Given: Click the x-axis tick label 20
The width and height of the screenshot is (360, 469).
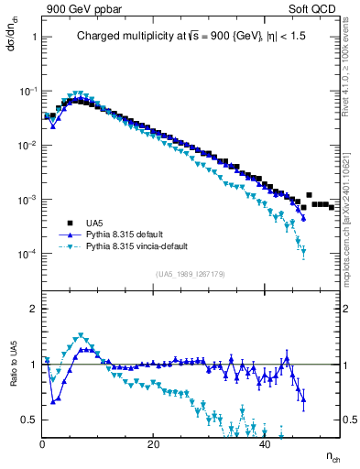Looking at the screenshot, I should [154, 444].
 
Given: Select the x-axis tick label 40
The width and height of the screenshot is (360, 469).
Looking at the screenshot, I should [265, 444].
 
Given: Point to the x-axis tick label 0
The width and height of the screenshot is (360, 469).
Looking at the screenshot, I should [43, 444].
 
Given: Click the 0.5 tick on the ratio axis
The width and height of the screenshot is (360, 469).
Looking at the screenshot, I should [28, 420].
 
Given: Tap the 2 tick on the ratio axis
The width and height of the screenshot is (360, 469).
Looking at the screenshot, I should [33, 309].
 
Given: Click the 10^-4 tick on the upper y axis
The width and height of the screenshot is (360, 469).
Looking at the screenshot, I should [27, 254].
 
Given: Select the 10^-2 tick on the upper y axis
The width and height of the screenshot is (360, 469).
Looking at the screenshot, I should [27, 146].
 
